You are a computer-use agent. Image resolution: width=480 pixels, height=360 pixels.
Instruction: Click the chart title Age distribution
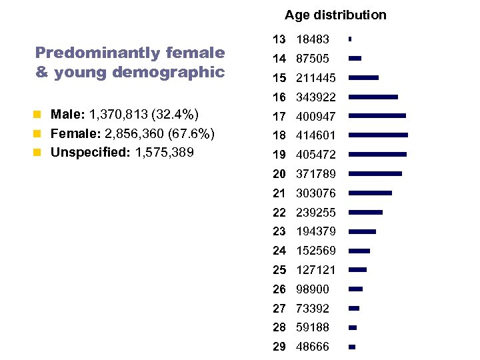335,15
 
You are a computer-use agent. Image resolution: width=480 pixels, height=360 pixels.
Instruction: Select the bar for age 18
378,135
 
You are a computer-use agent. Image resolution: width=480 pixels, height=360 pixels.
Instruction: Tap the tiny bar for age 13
349,39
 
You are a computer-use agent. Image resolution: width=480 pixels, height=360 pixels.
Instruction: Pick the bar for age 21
370,193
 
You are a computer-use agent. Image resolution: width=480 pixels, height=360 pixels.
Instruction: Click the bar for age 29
352,347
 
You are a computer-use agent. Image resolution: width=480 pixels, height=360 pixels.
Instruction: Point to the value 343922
316,97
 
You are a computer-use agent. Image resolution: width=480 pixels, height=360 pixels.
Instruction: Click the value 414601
316,135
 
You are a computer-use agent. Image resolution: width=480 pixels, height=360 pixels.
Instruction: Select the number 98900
313,289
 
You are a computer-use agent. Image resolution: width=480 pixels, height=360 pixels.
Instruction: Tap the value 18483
313,40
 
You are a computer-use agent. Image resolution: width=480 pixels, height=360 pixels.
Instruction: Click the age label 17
279,117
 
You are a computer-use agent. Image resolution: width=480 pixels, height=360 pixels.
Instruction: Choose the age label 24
279,251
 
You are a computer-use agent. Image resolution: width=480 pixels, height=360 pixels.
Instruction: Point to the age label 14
279,59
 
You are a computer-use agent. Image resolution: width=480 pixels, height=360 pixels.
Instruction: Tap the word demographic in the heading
168,72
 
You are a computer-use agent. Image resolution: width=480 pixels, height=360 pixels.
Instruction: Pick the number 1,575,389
164,153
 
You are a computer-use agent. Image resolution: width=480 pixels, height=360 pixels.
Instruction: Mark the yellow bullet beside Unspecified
39,153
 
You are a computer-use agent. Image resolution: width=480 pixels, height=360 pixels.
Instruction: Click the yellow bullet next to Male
39,115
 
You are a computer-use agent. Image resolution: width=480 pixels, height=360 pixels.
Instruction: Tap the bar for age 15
363,78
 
